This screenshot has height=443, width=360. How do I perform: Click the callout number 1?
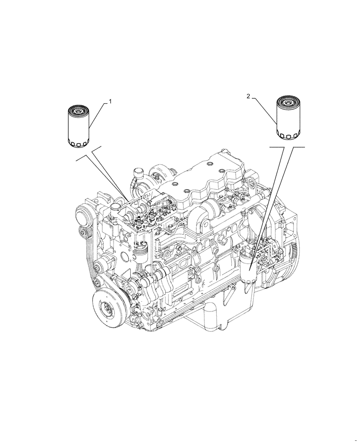pyautogui.click(x=110, y=101)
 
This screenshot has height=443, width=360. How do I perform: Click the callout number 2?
pyautogui.click(x=249, y=96)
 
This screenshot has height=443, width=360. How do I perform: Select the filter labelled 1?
pyautogui.click(x=78, y=127)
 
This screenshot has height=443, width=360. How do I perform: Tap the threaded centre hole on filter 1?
pyautogui.click(x=79, y=109)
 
